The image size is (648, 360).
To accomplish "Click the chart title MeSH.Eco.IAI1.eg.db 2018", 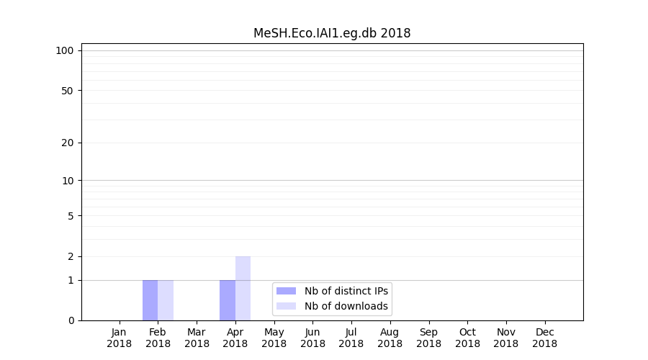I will pyautogui.click(x=332, y=33).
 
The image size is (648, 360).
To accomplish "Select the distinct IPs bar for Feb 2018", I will pyautogui.click(x=150, y=300).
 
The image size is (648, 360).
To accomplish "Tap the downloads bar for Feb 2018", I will pyautogui.click(x=166, y=300).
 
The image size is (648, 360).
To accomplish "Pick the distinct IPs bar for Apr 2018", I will pyautogui.click(x=228, y=300).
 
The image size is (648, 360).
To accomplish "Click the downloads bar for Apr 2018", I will pyautogui.click(x=243, y=288).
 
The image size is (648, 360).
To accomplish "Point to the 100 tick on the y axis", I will pyautogui.click(x=65, y=50).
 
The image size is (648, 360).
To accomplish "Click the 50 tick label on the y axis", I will pyautogui.click(x=68, y=91).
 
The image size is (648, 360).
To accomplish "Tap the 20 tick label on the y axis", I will pyautogui.click(x=68, y=143).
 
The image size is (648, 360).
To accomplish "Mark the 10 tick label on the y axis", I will pyautogui.click(x=68, y=181).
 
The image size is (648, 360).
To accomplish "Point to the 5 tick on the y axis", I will pyautogui.click(x=71, y=216).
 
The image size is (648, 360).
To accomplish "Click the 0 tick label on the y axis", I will pyautogui.click(x=71, y=320).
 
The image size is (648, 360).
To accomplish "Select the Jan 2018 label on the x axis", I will pyautogui.click(x=120, y=338).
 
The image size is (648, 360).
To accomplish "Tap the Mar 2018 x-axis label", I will pyautogui.click(x=197, y=338).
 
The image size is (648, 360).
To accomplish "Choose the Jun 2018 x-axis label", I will pyautogui.click(x=312, y=338).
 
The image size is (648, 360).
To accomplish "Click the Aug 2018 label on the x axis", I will pyautogui.click(x=390, y=338).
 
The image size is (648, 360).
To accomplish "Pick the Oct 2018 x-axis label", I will pyautogui.click(x=467, y=338).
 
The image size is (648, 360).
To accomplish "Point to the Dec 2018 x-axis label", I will pyautogui.click(x=544, y=338).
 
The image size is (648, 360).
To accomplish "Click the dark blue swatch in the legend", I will pyautogui.click(x=286, y=291).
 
